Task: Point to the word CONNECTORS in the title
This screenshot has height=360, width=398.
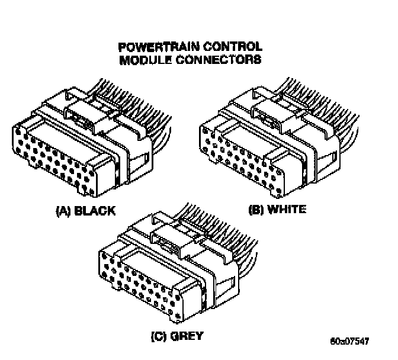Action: [222, 59]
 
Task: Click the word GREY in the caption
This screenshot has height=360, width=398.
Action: [187, 336]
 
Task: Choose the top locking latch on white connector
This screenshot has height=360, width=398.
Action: [269, 112]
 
